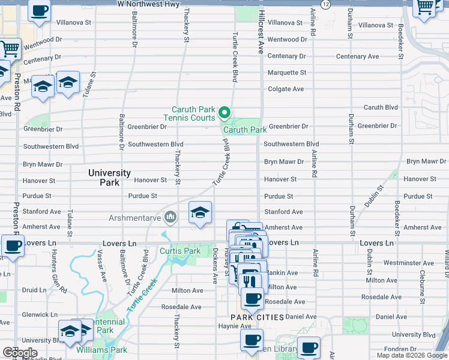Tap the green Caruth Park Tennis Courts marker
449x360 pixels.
(x=224, y=112)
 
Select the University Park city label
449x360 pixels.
(x=109, y=177)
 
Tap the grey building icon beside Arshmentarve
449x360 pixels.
(x=170, y=217)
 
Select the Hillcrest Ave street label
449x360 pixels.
(x=261, y=33)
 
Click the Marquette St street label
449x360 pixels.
(x=286, y=73)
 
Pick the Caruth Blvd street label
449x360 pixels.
(x=381, y=107)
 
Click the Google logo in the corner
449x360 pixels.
(x=20, y=353)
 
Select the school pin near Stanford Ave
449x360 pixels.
(x=200, y=212)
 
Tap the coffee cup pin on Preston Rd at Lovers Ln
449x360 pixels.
(x=12, y=246)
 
